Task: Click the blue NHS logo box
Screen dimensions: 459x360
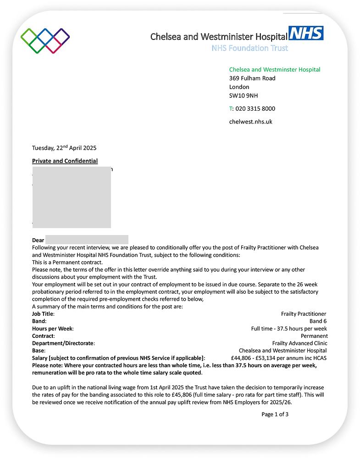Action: click(x=306, y=33)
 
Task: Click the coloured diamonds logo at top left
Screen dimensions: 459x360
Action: click(x=45, y=40)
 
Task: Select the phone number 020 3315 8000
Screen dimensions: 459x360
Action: click(x=255, y=109)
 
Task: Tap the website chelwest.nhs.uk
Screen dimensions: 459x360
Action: click(x=251, y=122)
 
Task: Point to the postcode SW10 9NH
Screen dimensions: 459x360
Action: click(x=244, y=95)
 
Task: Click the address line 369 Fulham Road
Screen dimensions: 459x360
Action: click(x=252, y=78)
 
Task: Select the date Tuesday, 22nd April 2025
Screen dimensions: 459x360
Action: click(x=64, y=148)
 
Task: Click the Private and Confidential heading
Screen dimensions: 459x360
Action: click(x=65, y=161)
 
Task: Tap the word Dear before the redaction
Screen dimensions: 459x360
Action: click(x=38, y=240)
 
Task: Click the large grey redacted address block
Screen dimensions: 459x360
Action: click(x=72, y=197)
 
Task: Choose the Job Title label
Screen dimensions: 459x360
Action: click(x=43, y=314)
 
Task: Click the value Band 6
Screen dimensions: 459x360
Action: click(x=318, y=321)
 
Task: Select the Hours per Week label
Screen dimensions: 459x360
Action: click(x=53, y=329)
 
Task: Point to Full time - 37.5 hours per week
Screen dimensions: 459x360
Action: click(x=289, y=329)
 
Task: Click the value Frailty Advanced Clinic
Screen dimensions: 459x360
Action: click(x=300, y=343)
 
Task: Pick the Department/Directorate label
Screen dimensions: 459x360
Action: click(x=63, y=343)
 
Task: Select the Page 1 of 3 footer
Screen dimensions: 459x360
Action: click(x=275, y=414)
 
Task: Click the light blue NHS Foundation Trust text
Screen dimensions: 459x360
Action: click(x=250, y=48)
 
